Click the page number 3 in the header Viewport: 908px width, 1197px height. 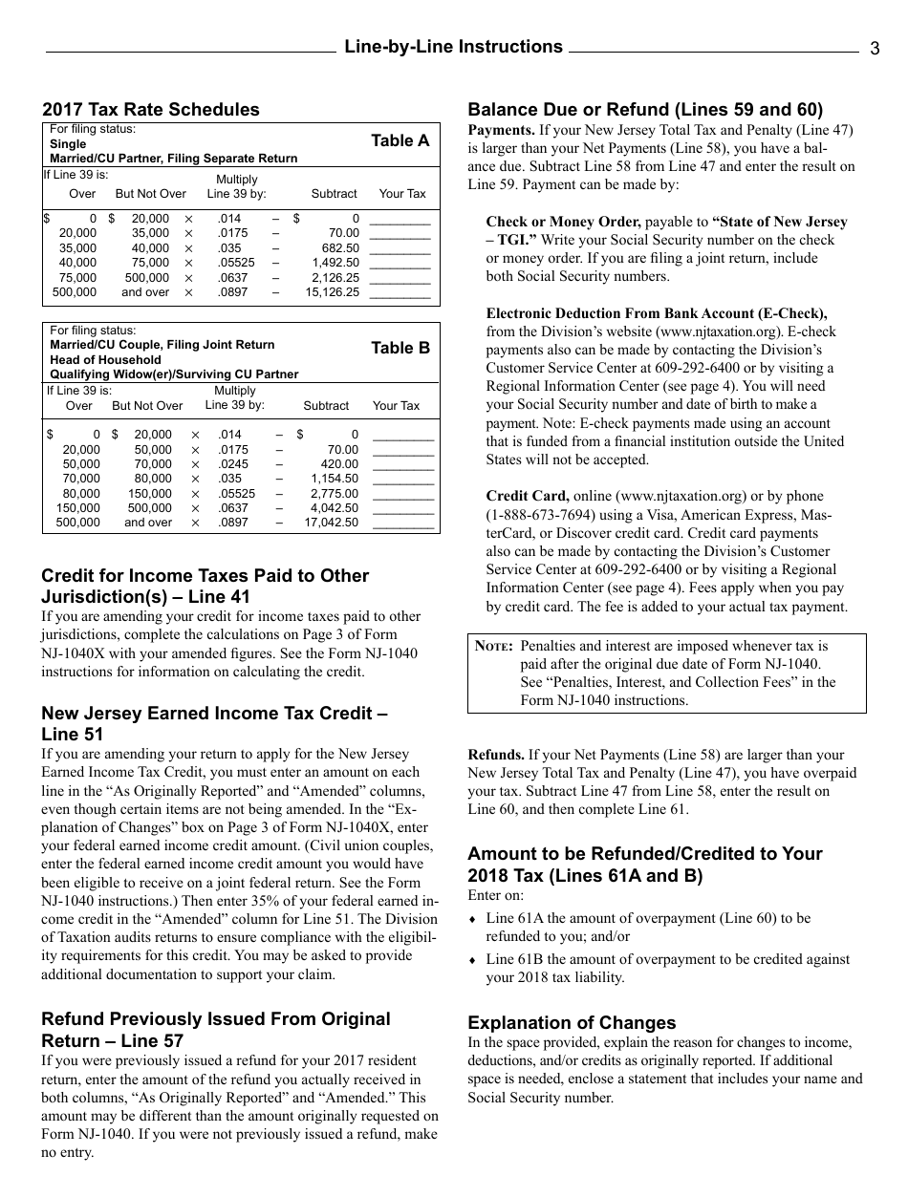coord(875,50)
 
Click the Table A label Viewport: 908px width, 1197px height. coord(400,141)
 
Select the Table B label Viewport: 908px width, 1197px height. coord(400,349)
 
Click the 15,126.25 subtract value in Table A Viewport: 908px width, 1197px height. coord(332,292)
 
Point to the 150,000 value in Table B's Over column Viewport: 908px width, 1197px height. coord(78,508)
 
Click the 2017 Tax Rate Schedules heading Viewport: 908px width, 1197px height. coord(151,110)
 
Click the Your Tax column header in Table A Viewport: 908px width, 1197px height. coord(402,194)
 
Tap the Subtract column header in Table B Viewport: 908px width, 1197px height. coord(326,406)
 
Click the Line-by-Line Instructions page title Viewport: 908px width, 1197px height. coord(453,47)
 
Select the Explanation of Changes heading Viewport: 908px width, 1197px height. coord(572,1022)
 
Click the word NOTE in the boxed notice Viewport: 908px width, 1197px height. coord(494,647)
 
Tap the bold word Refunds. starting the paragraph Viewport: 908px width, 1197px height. coord(495,755)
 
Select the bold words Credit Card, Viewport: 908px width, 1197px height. coord(528,496)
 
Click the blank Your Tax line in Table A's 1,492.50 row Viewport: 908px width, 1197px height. coord(400,263)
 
